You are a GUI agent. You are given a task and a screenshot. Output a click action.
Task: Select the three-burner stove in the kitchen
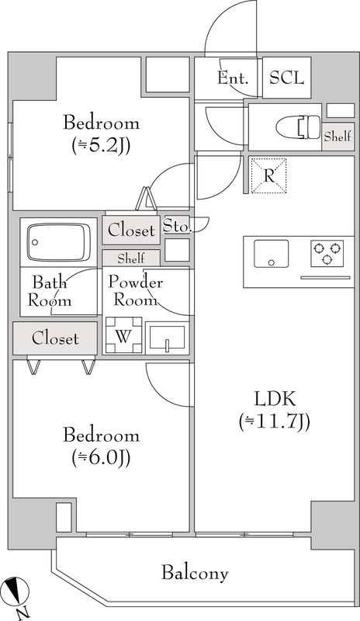[x=327, y=252]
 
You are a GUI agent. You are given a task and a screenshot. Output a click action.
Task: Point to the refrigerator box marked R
[x=268, y=175]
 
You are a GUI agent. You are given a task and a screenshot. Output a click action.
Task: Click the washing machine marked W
[x=123, y=335]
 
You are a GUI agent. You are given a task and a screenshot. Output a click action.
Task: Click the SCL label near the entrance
[x=287, y=78]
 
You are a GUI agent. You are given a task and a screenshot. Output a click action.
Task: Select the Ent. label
[x=233, y=78]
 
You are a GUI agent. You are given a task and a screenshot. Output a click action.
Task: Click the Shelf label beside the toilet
[x=337, y=137]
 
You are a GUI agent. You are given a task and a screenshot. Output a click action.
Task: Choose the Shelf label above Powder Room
[x=131, y=258]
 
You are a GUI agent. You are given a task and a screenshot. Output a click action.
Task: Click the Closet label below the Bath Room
[x=55, y=338]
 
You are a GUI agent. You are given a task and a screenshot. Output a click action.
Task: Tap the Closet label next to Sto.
[x=131, y=230]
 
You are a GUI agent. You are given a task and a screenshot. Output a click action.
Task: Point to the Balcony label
[x=195, y=574]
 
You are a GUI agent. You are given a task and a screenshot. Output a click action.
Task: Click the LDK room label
[x=275, y=400]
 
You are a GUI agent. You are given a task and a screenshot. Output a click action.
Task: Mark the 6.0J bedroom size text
[x=101, y=457]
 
